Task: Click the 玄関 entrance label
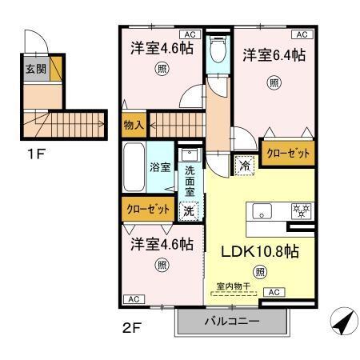pos(28,68)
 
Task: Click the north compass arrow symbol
pos(341,324)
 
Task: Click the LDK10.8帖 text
pos(260,250)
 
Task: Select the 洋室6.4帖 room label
pos(274,55)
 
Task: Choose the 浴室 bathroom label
pos(159,167)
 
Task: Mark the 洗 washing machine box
pos(189,211)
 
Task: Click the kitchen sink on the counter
pos(262,211)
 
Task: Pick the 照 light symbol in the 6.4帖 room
pos(274,81)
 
